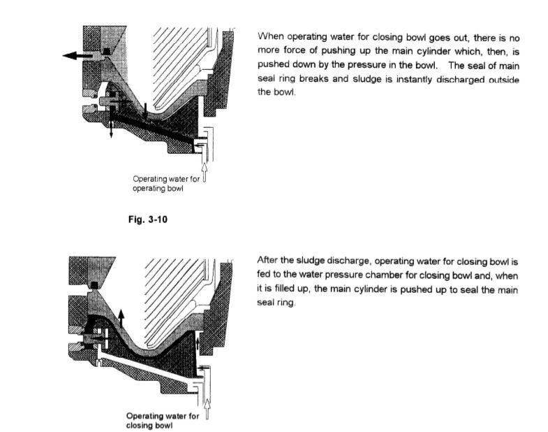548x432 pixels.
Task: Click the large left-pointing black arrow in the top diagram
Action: [77, 57]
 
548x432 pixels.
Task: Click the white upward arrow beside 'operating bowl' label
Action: [204, 170]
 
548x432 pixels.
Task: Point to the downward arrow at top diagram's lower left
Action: [111, 129]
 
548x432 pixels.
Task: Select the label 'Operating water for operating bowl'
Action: [166, 184]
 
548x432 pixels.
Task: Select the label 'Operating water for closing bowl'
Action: [162, 421]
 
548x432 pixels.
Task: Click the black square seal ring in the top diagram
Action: [105, 52]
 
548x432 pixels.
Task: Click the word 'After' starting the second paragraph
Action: [269, 260]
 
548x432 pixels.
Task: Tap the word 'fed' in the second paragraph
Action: [265, 275]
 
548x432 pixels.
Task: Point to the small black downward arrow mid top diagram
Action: [144, 108]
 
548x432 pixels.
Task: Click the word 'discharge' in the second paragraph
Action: [339, 260]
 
